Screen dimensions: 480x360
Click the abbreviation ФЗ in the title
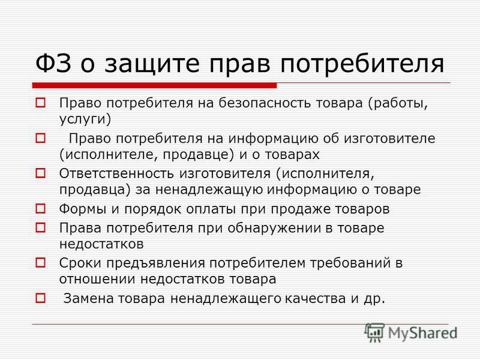click(x=53, y=64)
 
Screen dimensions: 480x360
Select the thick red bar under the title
click(x=155, y=85)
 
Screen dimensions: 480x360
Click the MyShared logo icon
click(x=374, y=332)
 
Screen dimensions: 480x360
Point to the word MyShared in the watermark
click(x=422, y=334)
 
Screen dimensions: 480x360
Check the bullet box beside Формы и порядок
click(x=40, y=209)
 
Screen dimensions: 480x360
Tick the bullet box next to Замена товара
click(x=40, y=298)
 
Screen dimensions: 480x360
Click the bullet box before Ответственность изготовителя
click(x=40, y=173)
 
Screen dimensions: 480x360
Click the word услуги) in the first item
click(x=85, y=119)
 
